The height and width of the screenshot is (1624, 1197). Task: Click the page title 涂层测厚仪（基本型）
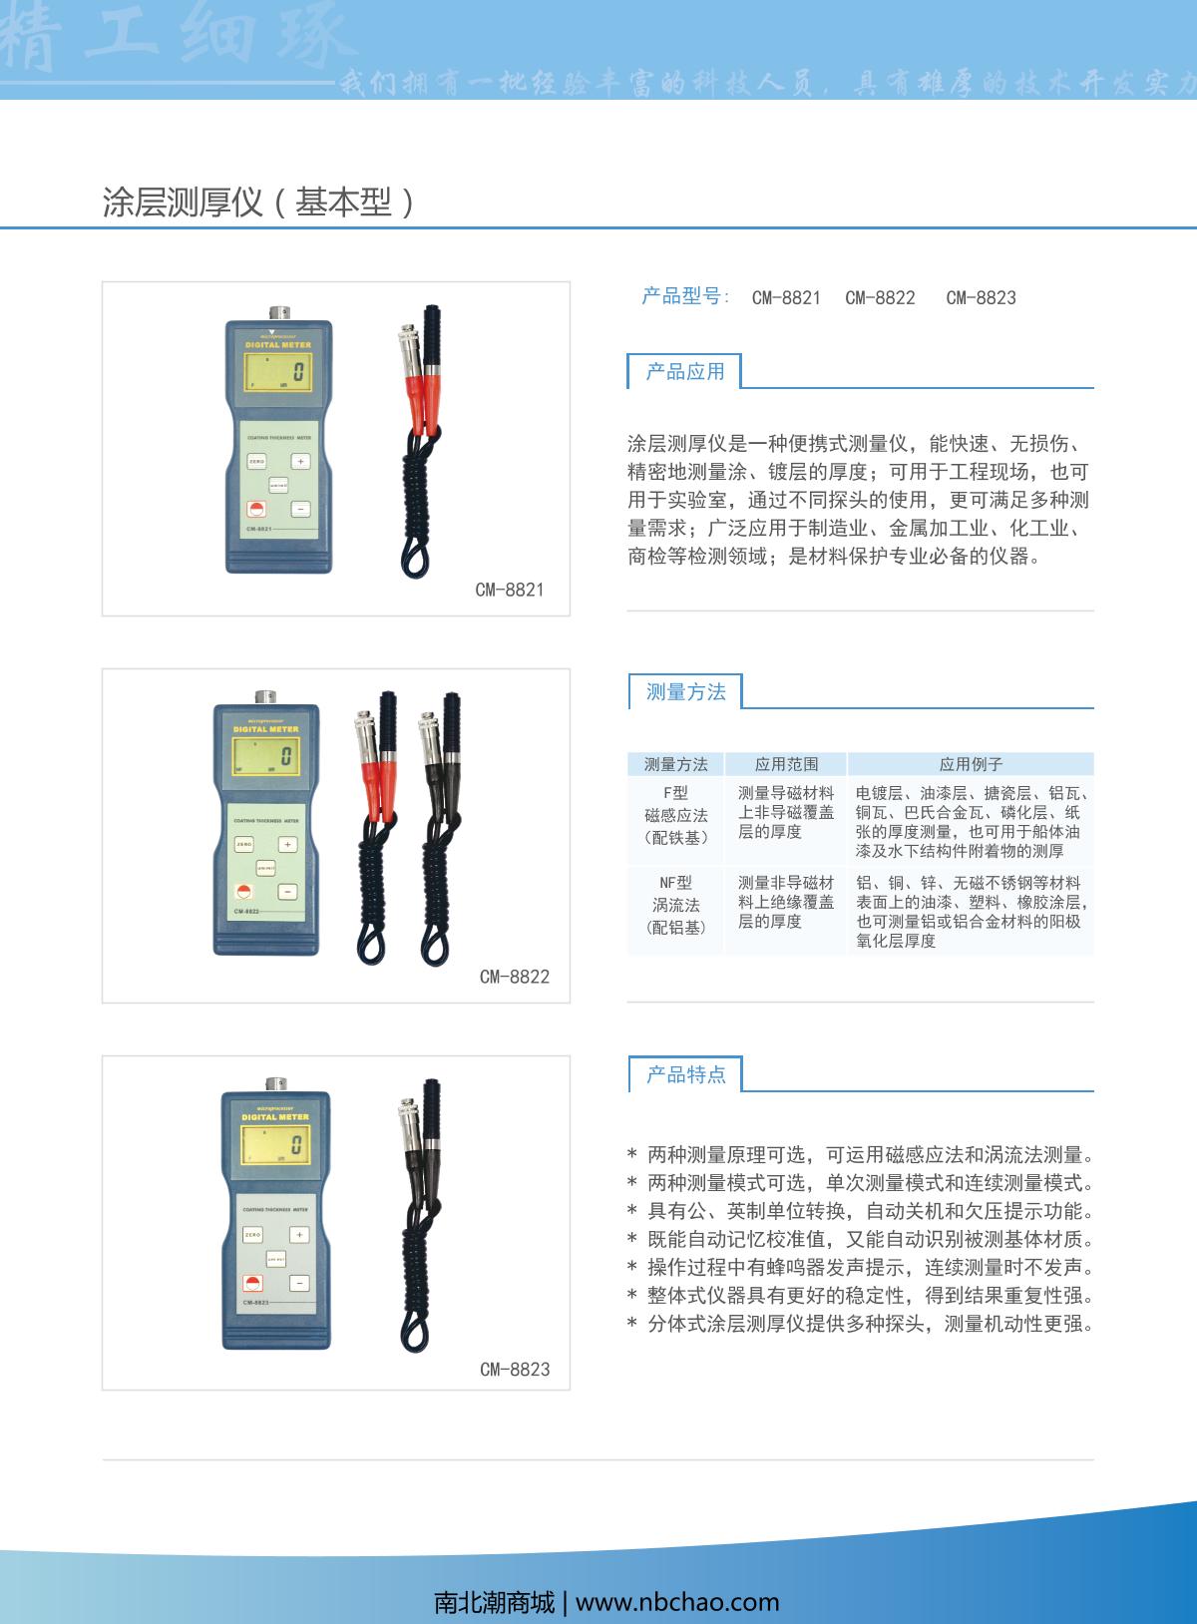click(258, 203)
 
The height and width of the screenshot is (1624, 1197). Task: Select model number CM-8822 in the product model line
click(880, 297)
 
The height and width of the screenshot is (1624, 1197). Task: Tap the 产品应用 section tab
click(684, 372)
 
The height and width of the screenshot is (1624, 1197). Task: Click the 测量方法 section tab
click(685, 692)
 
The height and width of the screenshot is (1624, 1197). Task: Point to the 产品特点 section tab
click(685, 1074)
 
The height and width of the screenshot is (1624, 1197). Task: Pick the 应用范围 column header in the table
click(786, 764)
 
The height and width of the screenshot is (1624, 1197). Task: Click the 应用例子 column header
click(971, 764)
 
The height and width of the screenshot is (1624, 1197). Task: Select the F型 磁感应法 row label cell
click(675, 815)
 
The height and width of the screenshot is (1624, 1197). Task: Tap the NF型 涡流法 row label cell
click(675, 905)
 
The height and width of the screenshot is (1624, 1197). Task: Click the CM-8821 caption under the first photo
click(509, 590)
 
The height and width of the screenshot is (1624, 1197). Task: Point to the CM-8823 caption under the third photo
click(515, 1370)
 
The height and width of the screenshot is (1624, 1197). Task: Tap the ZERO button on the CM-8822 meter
click(244, 845)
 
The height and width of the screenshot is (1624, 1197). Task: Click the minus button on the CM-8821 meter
click(300, 510)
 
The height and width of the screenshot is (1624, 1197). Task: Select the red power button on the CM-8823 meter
click(254, 1284)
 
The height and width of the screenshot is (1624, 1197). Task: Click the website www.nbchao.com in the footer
click(677, 1602)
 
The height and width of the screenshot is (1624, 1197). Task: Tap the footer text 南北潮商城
click(495, 1602)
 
